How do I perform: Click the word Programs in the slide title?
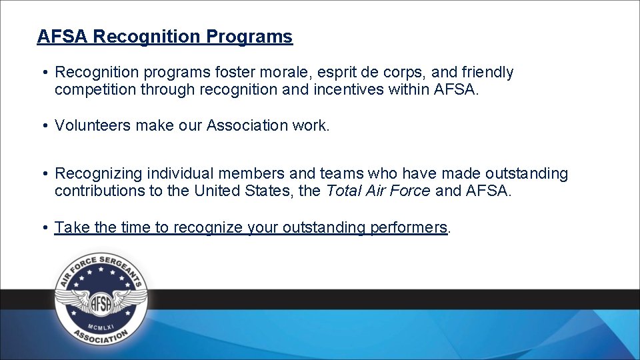pos(249,36)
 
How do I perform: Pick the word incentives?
pos(347,89)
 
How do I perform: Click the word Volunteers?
pos(93,125)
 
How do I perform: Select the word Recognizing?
pos(99,174)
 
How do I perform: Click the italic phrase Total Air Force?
pos(378,191)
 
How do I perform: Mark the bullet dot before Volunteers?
pos(42,125)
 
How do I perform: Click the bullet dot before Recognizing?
pos(42,174)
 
